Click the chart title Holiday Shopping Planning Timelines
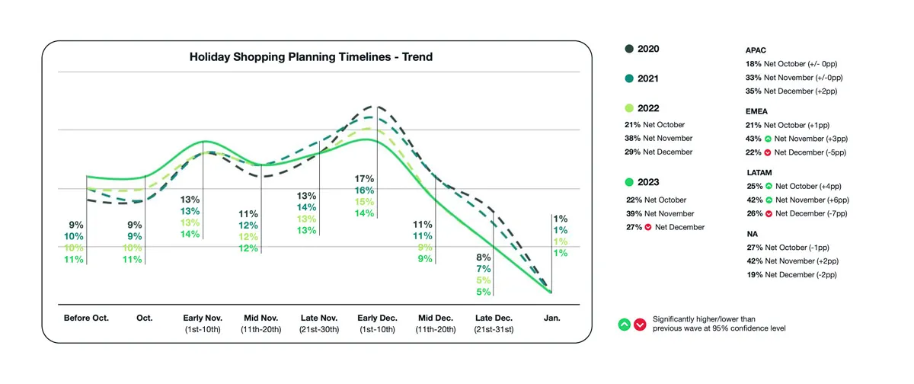coord(311,57)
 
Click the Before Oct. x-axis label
coord(86,318)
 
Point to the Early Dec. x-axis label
coord(376,318)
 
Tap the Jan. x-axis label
coord(551,318)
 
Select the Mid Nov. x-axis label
coord(260,318)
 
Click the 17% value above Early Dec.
coord(363,178)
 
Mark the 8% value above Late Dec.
coord(484,257)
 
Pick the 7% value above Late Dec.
coord(484,268)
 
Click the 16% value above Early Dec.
coord(363,190)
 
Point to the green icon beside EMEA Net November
coord(769,139)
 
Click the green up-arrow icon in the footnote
coord(624,324)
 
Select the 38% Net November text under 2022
coord(659,139)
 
